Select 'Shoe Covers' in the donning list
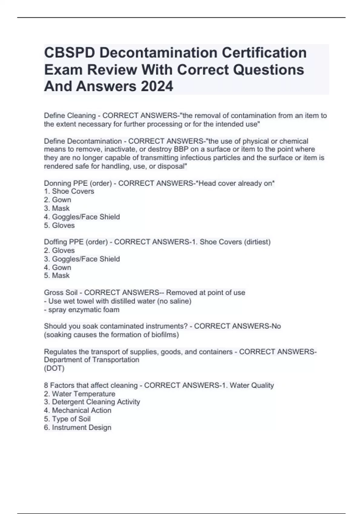coord(73,191)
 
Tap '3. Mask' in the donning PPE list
coord(57,208)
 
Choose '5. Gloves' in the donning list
coord(59,226)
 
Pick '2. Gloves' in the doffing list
coord(59,251)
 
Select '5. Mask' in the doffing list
coord(57,276)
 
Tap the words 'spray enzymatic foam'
coord(84,310)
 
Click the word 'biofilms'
coord(165,335)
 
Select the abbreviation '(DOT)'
coord(54,369)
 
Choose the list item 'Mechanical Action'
coord(81,411)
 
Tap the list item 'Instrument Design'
coord(81,428)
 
